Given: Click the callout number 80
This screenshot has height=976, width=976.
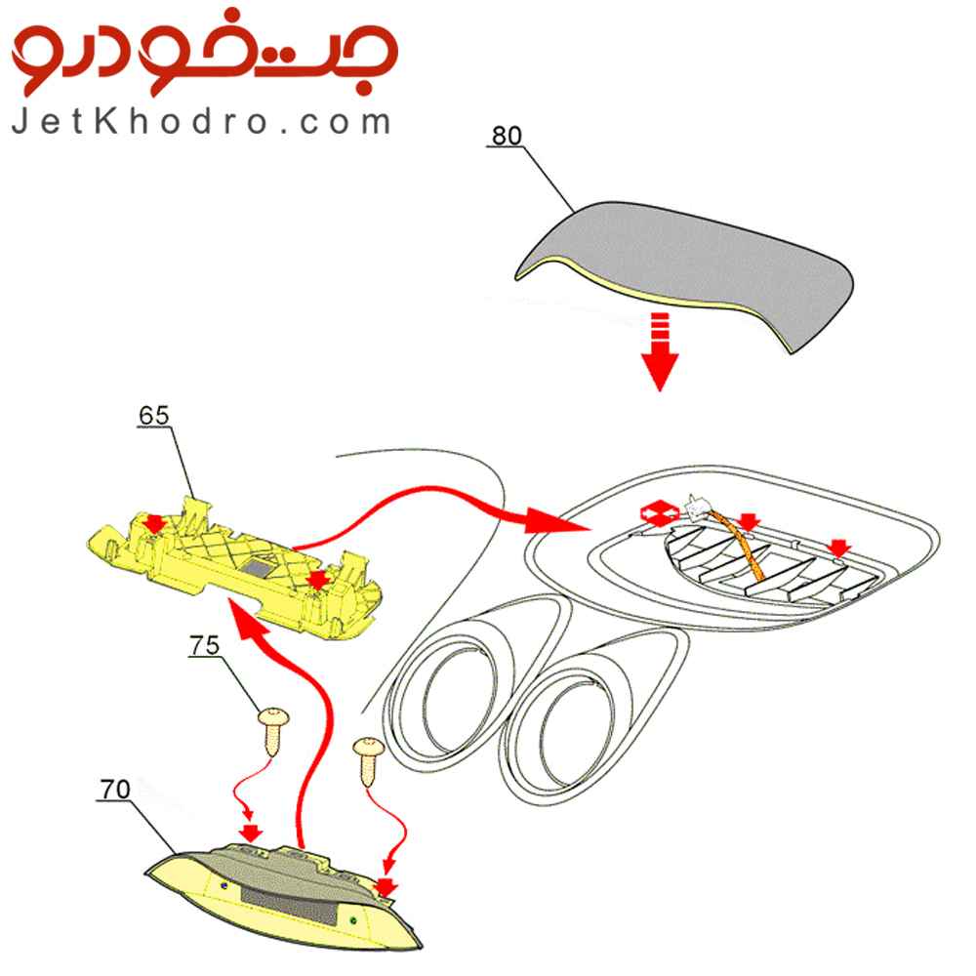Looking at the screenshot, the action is click(507, 136).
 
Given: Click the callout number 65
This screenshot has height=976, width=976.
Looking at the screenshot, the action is click(154, 415).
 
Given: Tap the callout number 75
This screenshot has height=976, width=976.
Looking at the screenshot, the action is click(205, 645).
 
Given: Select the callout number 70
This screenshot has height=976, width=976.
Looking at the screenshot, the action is click(115, 790).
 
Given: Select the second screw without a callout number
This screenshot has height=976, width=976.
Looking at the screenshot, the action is click(369, 759).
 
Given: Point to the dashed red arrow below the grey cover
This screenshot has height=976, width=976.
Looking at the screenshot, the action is click(659, 351).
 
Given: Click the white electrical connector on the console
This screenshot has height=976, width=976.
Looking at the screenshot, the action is click(696, 508).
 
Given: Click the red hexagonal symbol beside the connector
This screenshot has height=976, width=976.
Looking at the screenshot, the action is click(659, 513).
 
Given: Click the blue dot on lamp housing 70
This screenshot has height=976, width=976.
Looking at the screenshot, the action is click(224, 884).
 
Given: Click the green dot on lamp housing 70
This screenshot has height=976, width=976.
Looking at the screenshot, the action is click(353, 919).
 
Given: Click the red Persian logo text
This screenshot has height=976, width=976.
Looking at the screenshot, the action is click(204, 53).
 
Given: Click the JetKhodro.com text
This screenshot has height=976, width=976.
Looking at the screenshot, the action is click(201, 121).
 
